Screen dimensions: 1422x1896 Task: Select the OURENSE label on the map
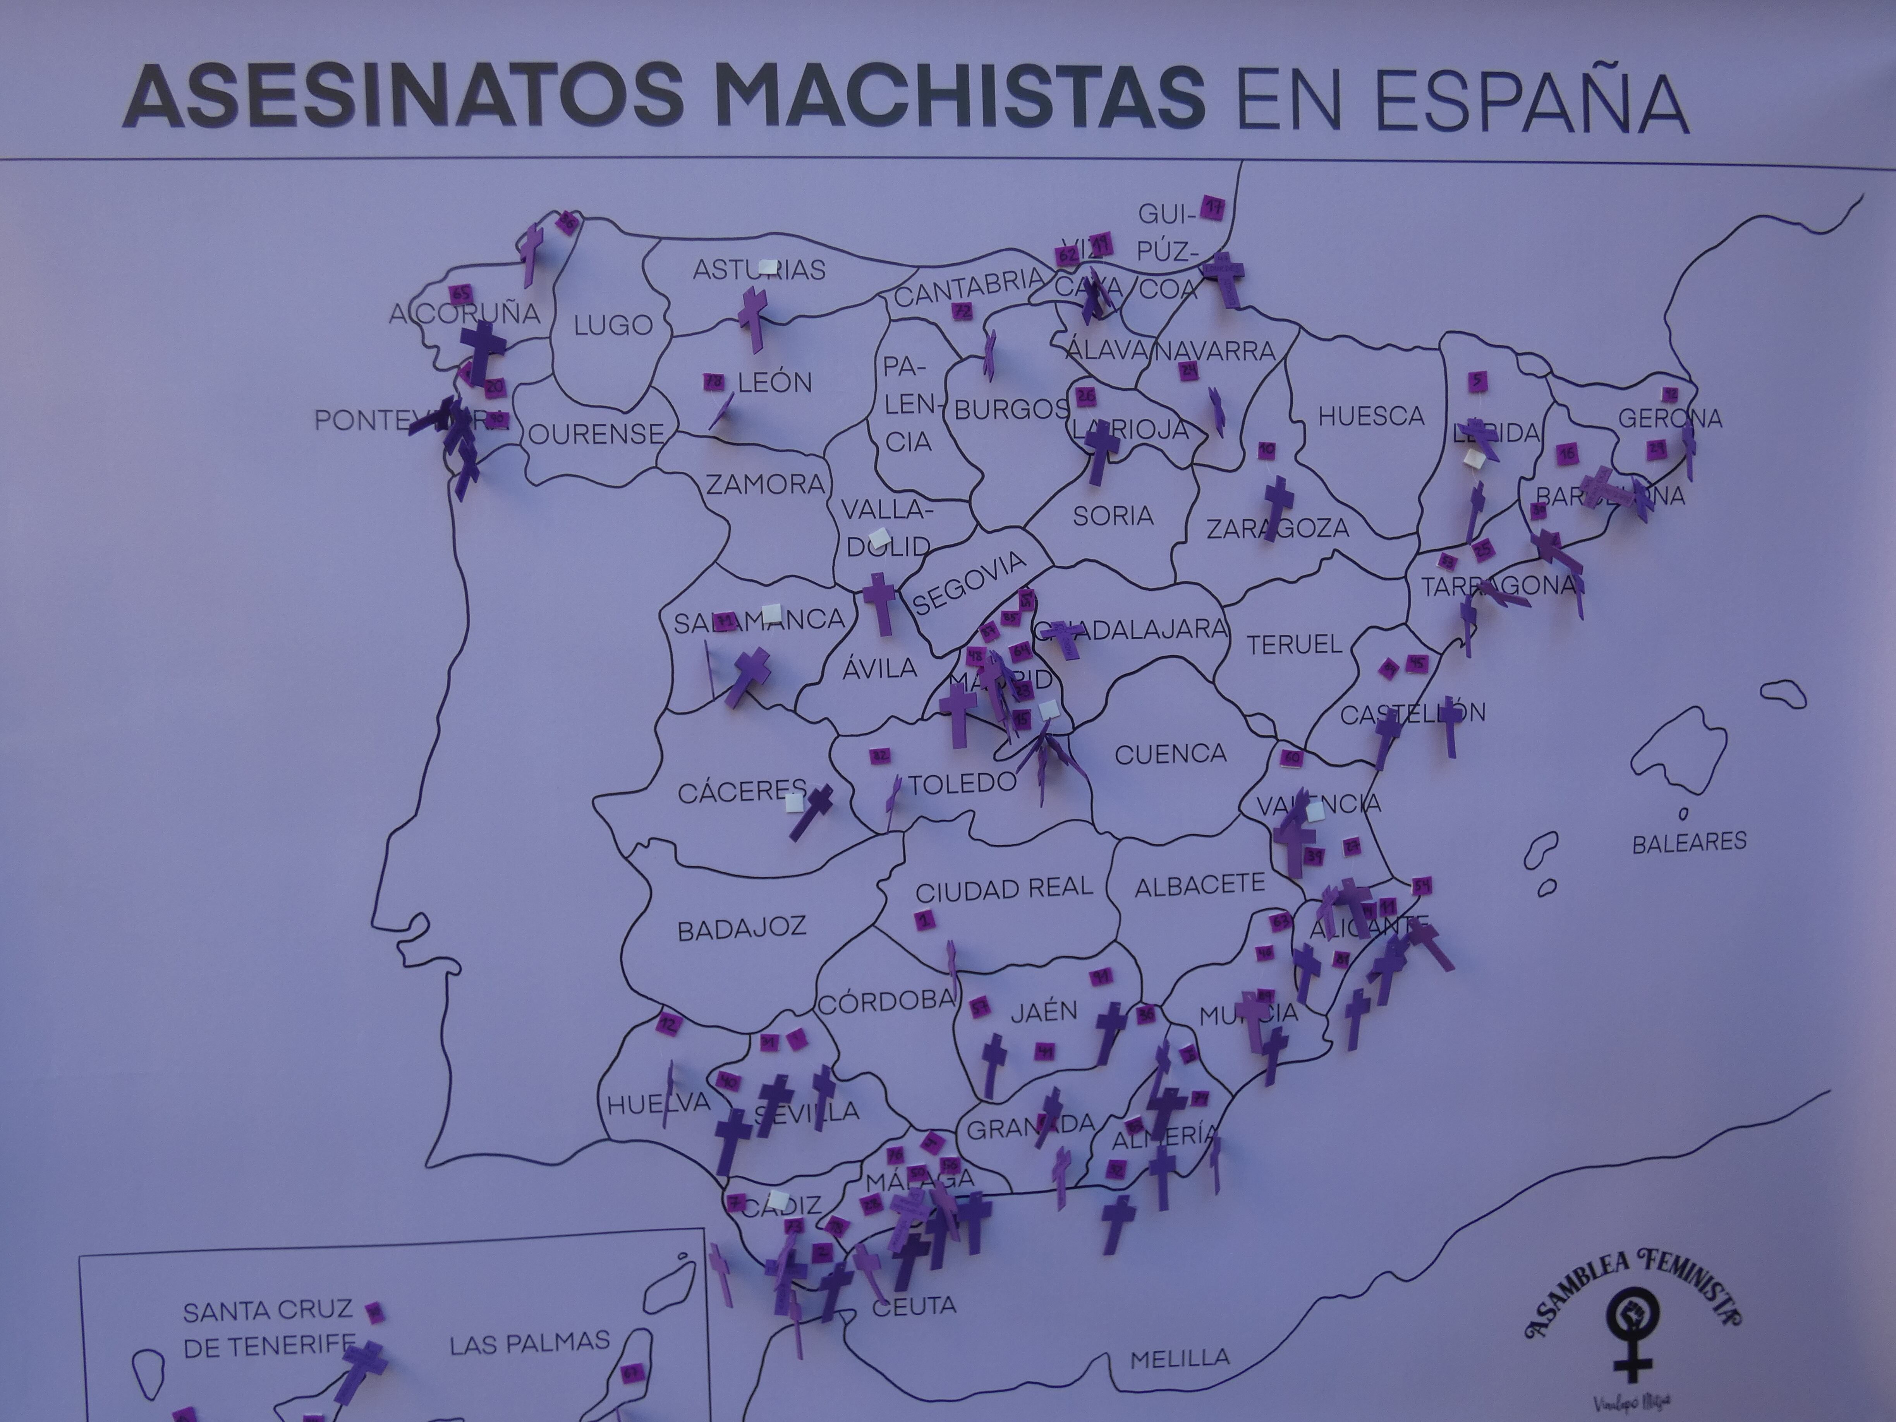(x=596, y=434)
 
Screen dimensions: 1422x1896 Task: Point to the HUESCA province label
(x=1370, y=417)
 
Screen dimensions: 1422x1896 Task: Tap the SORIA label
(x=1113, y=515)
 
